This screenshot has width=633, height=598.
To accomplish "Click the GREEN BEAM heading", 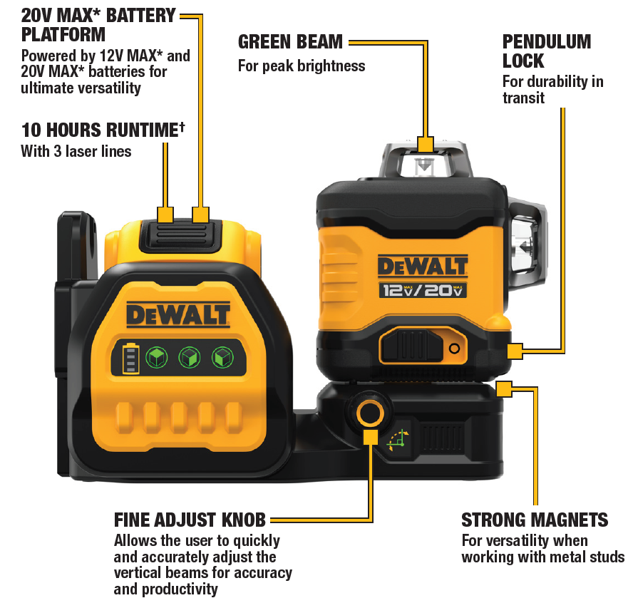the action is coord(290,41).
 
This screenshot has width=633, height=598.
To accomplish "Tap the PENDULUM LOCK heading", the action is coord(547,51).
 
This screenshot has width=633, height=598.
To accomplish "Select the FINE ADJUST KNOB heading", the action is coord(190,520).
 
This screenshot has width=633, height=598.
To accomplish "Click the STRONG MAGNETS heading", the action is coord(535,520).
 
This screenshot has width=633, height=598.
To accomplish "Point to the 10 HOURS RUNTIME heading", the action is coord(103,130).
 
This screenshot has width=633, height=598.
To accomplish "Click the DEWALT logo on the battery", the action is coord(178,315).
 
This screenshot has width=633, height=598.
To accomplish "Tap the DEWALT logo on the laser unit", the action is coord(423,267).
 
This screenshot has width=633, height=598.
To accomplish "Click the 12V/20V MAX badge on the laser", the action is coord(423,290).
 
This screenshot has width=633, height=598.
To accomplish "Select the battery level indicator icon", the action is coord(130,359).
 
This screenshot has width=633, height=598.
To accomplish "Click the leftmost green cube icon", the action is coord(156,357).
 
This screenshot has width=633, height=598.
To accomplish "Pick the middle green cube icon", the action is coord(190,357).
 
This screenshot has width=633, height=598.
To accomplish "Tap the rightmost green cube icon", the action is coord(222,357).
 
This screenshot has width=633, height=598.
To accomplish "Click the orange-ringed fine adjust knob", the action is coord(370,413).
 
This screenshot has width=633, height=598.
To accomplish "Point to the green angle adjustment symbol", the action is coord(398,441).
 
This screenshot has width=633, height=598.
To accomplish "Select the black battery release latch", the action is coord(180,237).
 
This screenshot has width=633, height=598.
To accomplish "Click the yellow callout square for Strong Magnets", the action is coord(504,389).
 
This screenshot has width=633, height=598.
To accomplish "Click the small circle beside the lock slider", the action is coord(455,348).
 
